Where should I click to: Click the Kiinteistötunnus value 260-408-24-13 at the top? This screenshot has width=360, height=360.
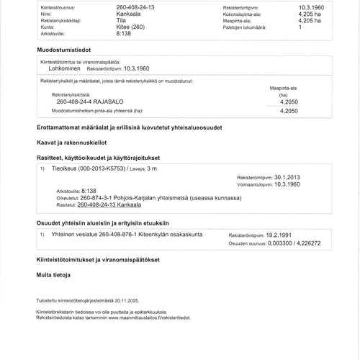click(x=137, y=6)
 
